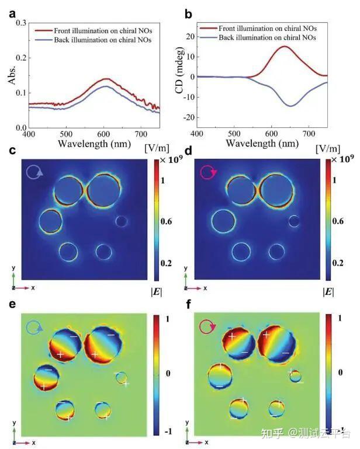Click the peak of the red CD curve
(x=285, y=47)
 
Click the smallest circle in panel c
(x=121, y=221)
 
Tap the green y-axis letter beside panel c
(x=13, y=268)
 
